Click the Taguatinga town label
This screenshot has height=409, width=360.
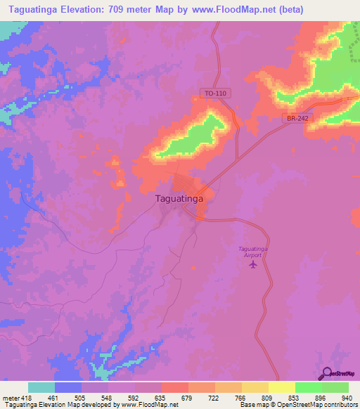click(179, 199)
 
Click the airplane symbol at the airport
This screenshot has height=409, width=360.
click(254, 264)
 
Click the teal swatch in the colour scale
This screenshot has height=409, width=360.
click(41, 387)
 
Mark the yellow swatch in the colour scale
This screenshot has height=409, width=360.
click(281, 387)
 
